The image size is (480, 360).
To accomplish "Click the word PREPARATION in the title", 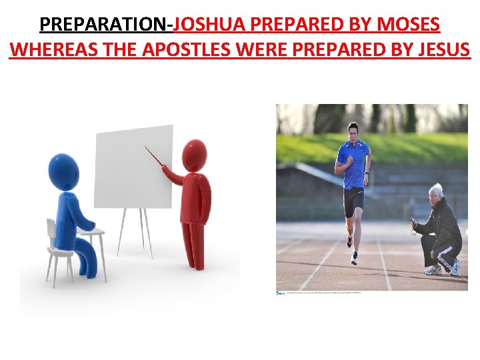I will (105, 25).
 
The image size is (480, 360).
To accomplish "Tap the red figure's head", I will (195, 154).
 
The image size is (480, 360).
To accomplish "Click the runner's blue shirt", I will (353, 163).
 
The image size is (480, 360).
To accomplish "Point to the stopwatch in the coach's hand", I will (415, 223).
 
